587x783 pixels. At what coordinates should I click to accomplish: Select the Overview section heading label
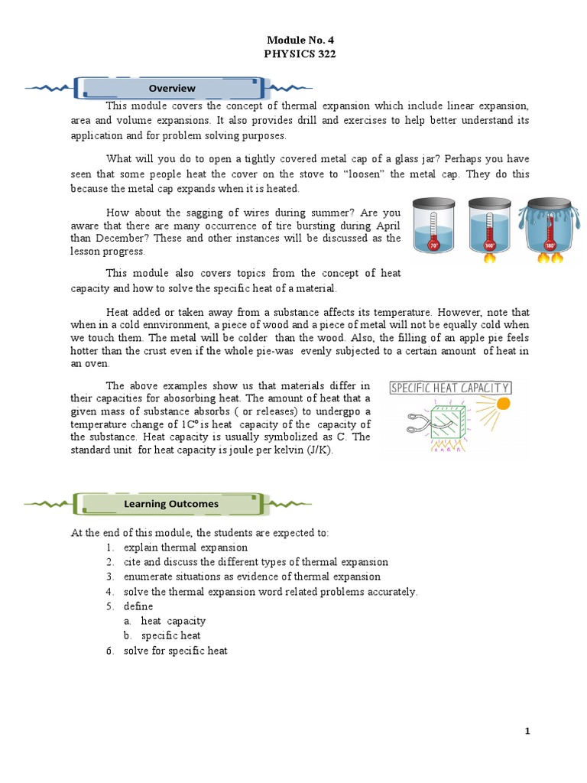click(x=172, y=89)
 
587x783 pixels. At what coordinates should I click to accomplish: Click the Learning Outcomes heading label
click(x=171, y=504)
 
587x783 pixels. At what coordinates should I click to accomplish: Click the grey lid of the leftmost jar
click(x=434, y=204)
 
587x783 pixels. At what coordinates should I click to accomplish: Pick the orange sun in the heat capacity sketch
click(x=502, y=403)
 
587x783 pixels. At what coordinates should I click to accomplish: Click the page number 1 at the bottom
click(x=527, y=731)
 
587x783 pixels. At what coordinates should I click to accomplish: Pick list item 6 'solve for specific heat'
click(x=175, y=651)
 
